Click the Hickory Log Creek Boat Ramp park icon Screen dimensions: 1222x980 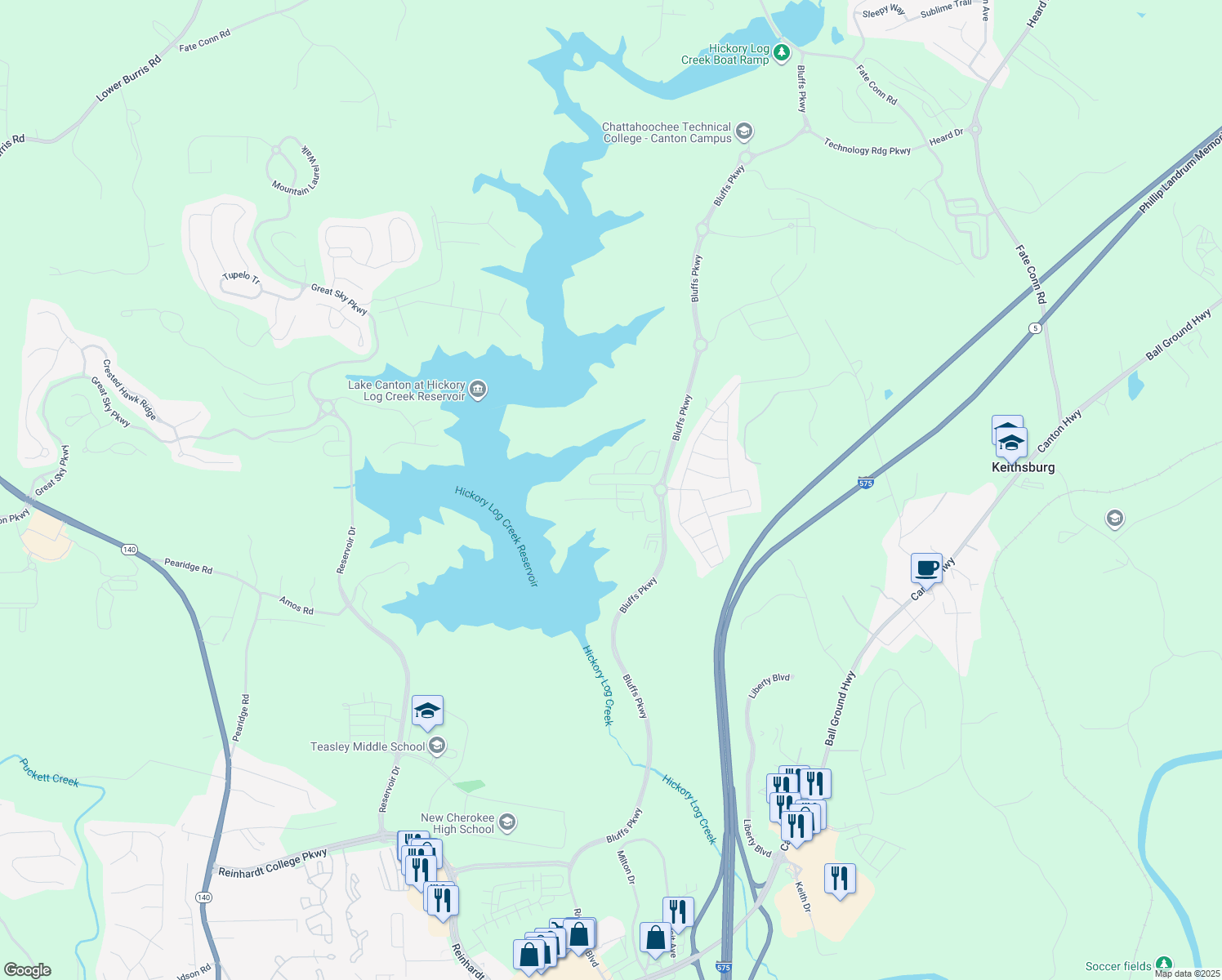(783, 53)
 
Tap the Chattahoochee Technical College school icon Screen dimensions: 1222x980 (743, 131)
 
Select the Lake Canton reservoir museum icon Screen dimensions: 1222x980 (479, 390)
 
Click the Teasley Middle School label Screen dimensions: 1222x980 (368, 746)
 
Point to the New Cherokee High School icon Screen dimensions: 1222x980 (507, 822)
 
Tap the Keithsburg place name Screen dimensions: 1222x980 (1023, 468)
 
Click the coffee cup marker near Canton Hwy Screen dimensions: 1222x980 (926, 568)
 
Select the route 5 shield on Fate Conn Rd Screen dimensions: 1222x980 (1036, 327)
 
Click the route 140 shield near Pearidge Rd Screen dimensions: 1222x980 (129, 549)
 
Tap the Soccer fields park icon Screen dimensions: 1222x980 (1163, 965)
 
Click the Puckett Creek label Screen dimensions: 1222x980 (50, 773)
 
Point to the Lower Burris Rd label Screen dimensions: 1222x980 (128, 79)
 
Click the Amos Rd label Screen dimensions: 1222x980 (296, 605)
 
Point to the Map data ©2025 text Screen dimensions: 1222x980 (1186, 973)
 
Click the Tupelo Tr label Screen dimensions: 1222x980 (241, 278)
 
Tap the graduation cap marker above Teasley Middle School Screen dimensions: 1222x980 (427, 712)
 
